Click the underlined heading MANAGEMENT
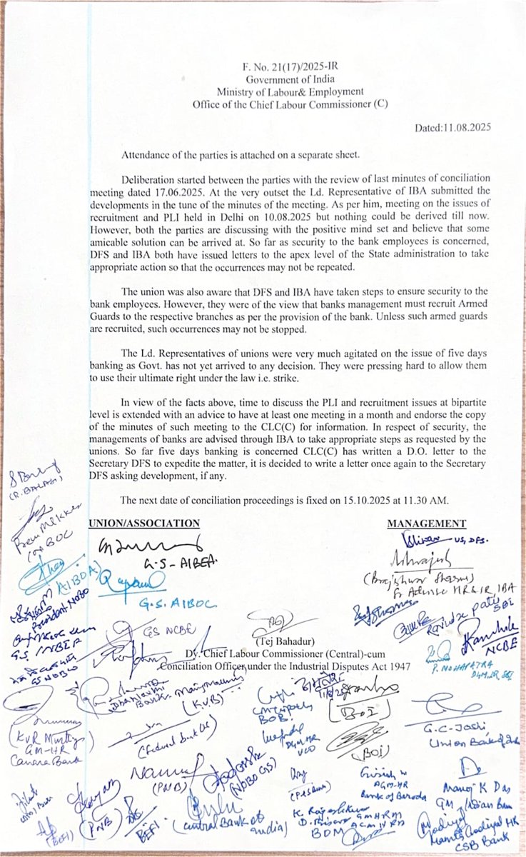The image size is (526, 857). (426, 523)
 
